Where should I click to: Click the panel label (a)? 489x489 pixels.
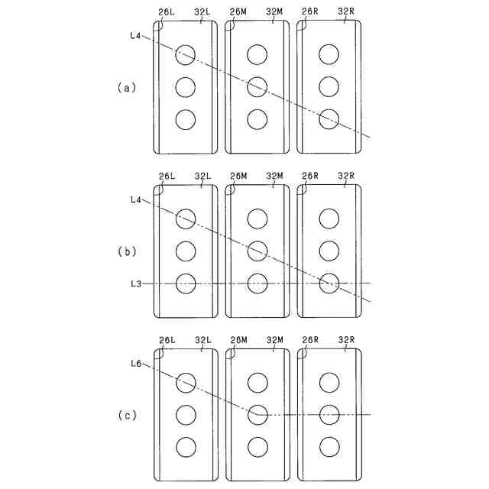(126, 87)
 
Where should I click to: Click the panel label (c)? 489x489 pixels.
(126, 416)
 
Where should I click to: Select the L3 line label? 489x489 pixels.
(137, 283)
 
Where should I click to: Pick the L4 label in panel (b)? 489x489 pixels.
(137, 199)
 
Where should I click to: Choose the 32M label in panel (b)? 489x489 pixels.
(275, 176)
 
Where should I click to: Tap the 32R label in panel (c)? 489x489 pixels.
(346, 340)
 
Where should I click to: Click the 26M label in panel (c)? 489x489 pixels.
(238, 340)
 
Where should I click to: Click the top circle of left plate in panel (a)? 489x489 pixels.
(186, 54)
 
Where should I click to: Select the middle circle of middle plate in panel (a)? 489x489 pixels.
(257, 86)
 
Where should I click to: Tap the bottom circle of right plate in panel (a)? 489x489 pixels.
(329, 119)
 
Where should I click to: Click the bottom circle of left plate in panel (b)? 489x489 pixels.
(186, 283)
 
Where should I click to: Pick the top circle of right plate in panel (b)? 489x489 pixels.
(329, 219)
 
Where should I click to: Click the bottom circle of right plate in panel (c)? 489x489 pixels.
(329, 447)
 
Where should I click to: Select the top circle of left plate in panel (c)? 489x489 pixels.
(186, 382)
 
